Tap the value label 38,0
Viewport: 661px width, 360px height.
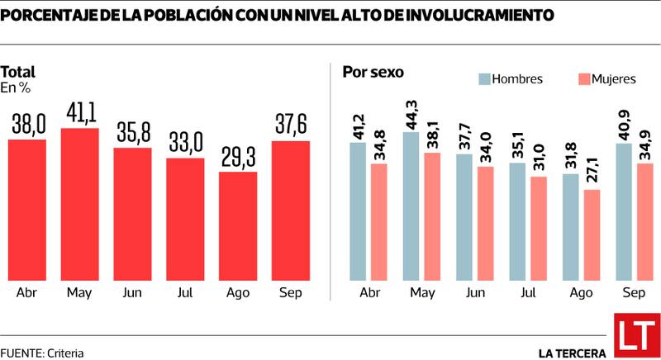tap(27, 126)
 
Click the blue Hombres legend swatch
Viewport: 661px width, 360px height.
tap(483, 79)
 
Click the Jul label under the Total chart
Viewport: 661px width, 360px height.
tap(185, 292)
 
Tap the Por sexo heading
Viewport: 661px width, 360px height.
tap(373, 72)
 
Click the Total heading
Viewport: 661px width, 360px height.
tap(17, 72)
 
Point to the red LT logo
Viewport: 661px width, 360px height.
tap(634, 336)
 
